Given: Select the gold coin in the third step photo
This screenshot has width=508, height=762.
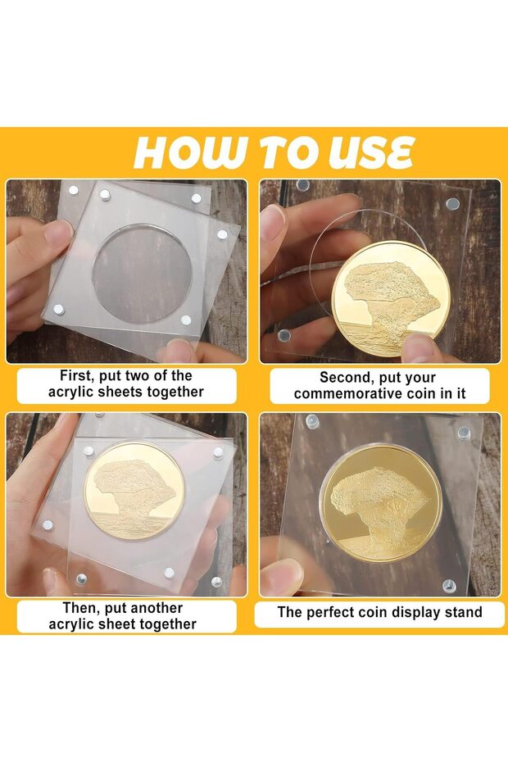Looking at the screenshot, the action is point(134,491).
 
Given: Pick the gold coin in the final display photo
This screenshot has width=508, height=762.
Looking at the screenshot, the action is point(381,504).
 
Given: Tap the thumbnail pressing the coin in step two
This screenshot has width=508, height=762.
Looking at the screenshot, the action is point(417,345).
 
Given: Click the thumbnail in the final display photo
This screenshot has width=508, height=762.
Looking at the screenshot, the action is point(282,576).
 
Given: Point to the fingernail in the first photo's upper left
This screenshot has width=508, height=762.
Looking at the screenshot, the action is point(57,233).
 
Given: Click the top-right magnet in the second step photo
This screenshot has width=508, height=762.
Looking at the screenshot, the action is point(452,203).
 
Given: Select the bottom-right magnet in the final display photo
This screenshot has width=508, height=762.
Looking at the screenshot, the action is point(449,585).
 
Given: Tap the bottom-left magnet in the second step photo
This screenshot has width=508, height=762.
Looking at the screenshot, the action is point(284,335).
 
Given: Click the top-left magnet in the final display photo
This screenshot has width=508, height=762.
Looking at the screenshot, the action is point(311,421).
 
